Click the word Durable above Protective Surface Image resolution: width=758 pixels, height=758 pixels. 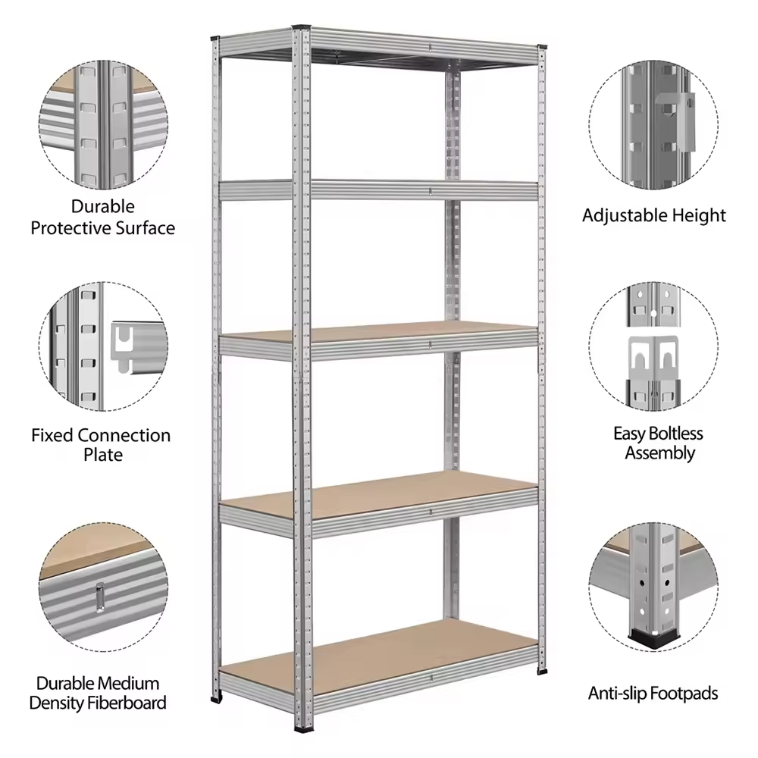pyautogui.click(x=102, y=206)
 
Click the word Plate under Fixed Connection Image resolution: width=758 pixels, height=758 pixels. pyautogui.click(x=103, y=454)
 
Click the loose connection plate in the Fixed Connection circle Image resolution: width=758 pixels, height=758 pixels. pyautogui.click(x=139, y=347)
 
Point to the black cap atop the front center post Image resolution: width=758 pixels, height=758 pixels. pyautogui.click(x=301, y=26)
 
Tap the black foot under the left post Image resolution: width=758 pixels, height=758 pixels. pyautogui.click(x=215, y=698)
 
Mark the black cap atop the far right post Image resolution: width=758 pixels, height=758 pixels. pyautogui.click(x=543, y=47)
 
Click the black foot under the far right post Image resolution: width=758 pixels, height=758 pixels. pyautogui.click(x=543, y=671)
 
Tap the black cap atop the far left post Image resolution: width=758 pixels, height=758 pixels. pyautogui.click(x=215, y=38)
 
